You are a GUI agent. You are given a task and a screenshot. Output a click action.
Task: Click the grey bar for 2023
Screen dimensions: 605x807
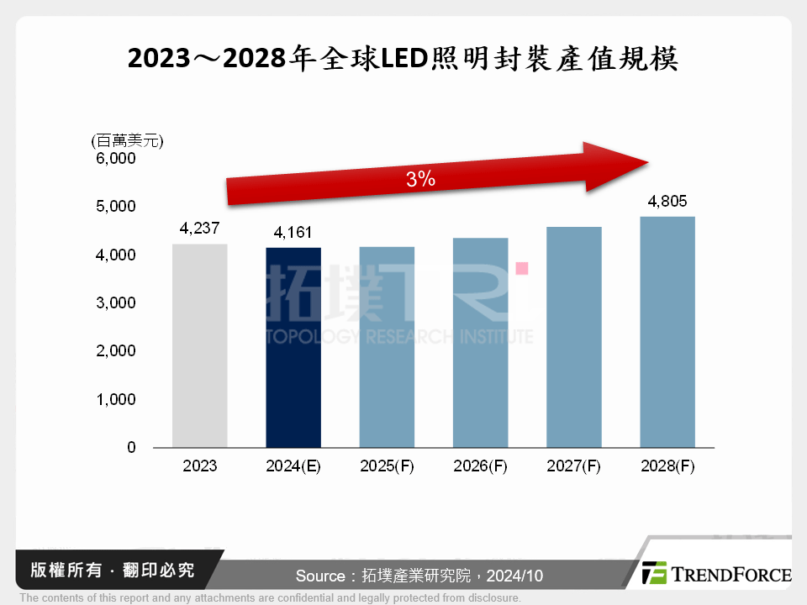click(x=199, y=345)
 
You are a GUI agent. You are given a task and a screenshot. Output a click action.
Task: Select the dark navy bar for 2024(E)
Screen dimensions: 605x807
click(x=293, y=347)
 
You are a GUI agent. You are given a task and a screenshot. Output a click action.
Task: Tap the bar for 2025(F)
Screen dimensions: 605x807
click(x=387, y=347)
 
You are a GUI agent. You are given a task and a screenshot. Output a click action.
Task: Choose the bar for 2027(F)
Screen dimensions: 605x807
click(x=573, y=337)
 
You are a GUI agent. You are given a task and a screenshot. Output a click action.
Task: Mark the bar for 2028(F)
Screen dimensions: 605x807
click(x=667, y=332)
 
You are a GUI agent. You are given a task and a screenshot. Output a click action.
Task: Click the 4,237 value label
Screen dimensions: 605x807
click(x=199, y=229)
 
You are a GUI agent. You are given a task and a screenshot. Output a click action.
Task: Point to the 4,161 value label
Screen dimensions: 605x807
click(x=293, y=233)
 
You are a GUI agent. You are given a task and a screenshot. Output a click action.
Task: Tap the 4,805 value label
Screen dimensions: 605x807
click(x=667, y=202)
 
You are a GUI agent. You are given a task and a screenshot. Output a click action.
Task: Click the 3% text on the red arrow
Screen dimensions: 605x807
click(x=420, y=179)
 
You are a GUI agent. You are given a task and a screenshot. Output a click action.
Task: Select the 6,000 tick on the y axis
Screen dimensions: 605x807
click(x=117, y=158)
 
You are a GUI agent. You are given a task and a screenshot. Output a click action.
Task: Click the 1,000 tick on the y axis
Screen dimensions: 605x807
click(x=117, y=400)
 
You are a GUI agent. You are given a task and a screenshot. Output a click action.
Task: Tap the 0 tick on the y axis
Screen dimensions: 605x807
click(x=131, y=448)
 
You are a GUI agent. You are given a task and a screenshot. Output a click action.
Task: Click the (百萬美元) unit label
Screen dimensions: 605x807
click(x=127, y=140)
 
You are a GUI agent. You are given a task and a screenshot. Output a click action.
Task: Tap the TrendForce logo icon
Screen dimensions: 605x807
click(x=654, y=573)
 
